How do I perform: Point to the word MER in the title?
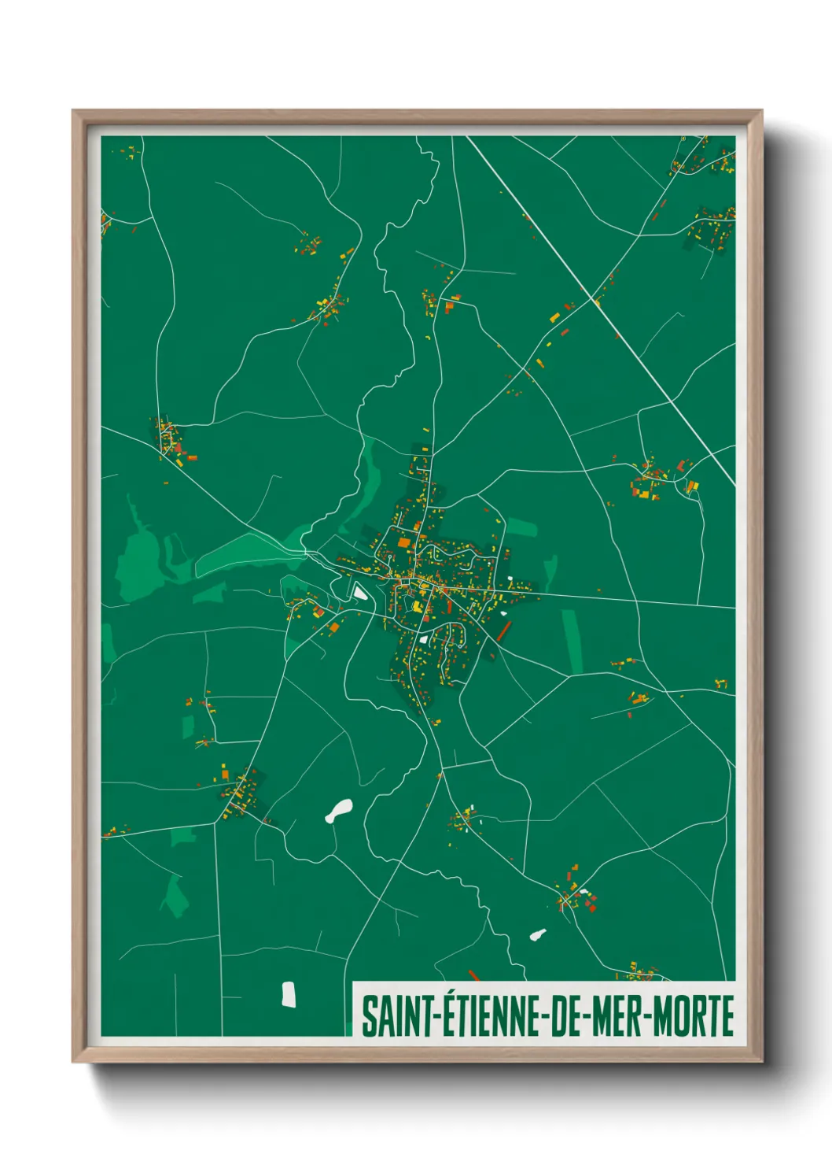tap(617, 1016)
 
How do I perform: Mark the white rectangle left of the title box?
tap(289, 994)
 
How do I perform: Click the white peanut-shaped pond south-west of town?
tap(339, 810)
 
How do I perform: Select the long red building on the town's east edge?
tap(503, 631)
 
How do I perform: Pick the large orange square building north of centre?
tap(404, 542)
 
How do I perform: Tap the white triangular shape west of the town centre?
tap(359, 591)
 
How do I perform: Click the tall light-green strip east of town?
tap(572, 641)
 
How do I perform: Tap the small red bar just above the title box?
tap(473, 976)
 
